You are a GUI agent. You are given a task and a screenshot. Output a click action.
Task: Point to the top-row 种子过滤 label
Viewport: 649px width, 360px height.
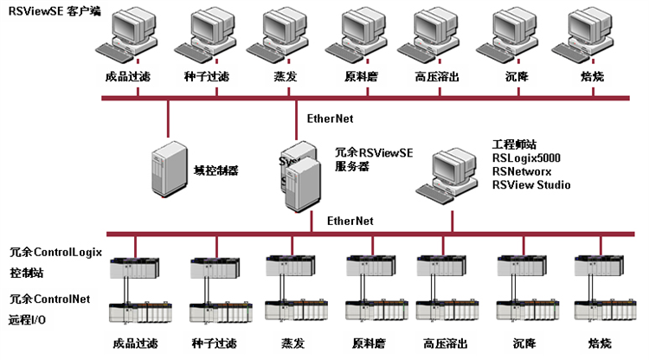click(207, 77)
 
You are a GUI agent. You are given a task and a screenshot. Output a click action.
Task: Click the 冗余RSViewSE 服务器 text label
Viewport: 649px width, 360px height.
click(373, 160)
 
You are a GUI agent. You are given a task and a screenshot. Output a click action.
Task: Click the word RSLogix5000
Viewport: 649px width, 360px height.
click(526, 158)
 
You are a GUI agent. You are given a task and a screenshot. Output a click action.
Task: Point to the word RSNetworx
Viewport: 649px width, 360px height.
click(522, 171)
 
